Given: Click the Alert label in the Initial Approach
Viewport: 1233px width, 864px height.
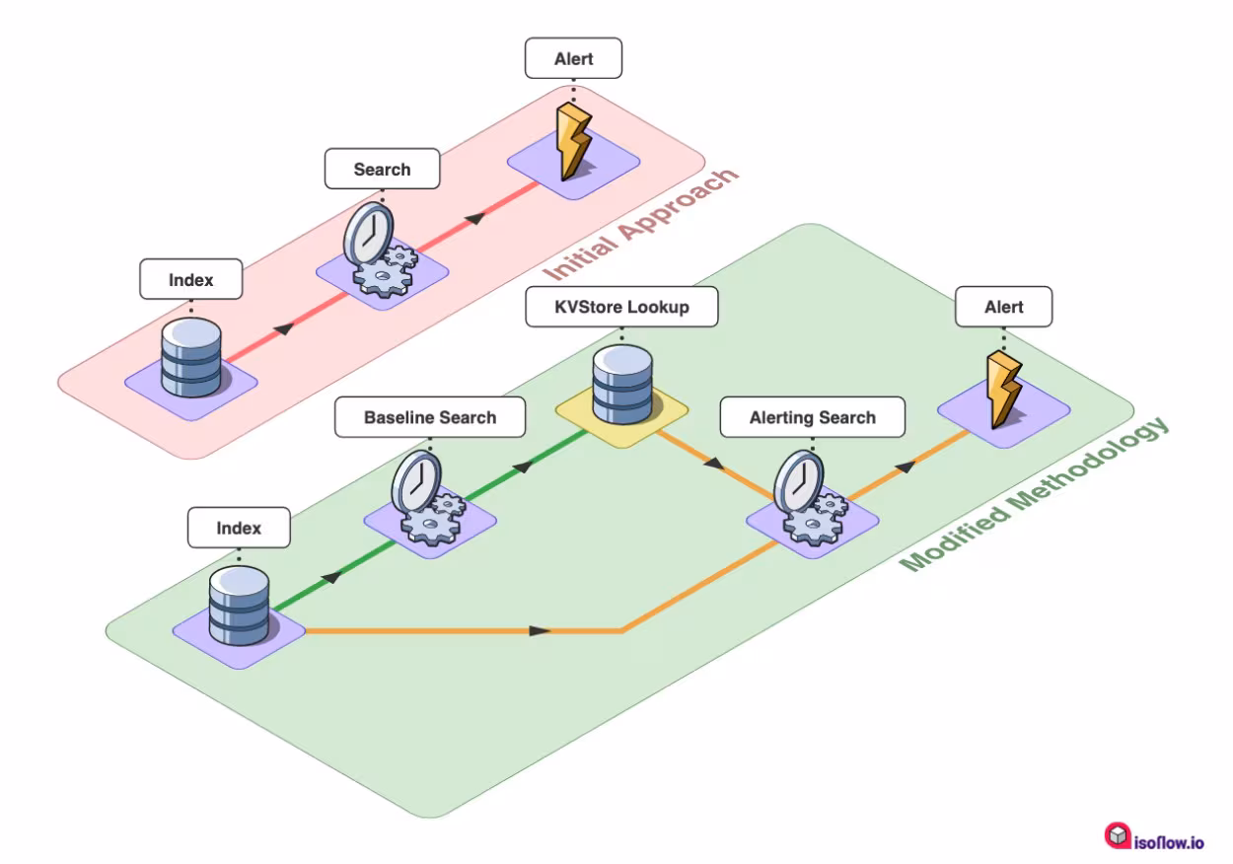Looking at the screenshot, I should click(573, 58).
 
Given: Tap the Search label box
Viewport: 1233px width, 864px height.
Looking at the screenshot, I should click(382, 169).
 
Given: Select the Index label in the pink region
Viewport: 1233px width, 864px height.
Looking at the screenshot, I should click(190, 279).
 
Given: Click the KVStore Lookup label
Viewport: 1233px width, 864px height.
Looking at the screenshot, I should click(621, 307).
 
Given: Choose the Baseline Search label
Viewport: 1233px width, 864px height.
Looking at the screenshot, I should click(430, 417).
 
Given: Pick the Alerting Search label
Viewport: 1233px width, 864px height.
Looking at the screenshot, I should click(812, 417).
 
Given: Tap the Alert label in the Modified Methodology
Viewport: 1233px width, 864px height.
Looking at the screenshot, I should click(1003, 307).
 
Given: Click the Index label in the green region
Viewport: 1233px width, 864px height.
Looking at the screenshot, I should click(239, 528).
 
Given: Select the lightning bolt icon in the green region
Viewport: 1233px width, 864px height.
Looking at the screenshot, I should click(1003, 390).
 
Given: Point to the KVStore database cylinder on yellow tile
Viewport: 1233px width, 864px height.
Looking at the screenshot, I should click(622, 385).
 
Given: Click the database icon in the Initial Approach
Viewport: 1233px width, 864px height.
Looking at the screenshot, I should click(190, 357).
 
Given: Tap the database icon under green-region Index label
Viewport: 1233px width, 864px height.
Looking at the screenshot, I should click(239, 606).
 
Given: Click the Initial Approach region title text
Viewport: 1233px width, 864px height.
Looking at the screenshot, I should click(641, 225).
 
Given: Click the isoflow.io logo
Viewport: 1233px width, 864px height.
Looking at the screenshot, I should click(1153, 837).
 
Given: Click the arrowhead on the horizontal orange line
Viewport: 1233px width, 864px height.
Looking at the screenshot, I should click(541, 630).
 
